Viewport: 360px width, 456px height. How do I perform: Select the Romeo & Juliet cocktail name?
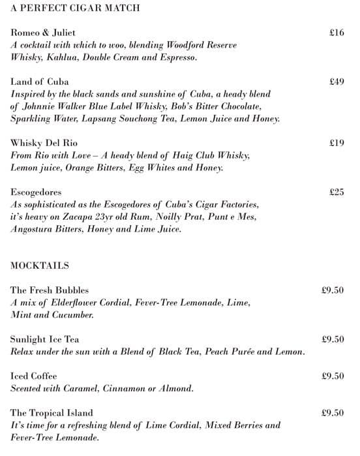pyautogui.click(x=43, y=32)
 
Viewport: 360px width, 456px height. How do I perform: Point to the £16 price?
pyautogui.click(x=337, y=32)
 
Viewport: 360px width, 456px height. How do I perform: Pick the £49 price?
pyautogui.click(x=337, y=82)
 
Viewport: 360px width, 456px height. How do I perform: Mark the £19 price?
pyautogui.click(x=337, y=143)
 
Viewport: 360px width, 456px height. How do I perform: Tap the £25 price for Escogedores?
pyautogui.click(x=337, y=192)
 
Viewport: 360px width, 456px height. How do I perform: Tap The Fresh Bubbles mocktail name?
pyautogui.click(x=50, y=290)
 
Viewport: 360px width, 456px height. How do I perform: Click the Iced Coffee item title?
pyautogui.click(x=33, y=376)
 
